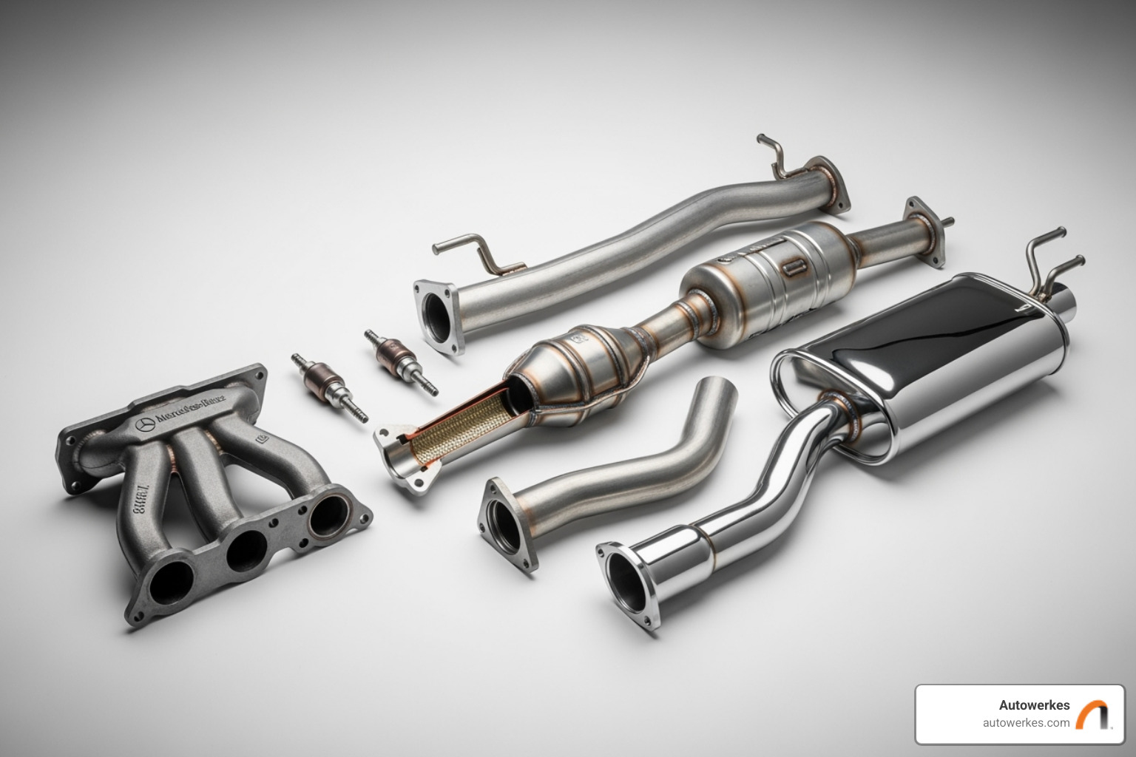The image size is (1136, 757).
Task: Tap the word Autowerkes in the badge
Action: click(x=1034, y=705)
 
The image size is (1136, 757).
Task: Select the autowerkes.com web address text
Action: click(x=1026, y=723)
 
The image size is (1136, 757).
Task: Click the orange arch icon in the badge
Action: click(x=1092, y=715)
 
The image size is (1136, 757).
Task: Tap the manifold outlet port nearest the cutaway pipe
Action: click(x=328, y=516)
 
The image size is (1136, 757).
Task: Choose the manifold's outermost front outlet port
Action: click(x=169, y=583)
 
